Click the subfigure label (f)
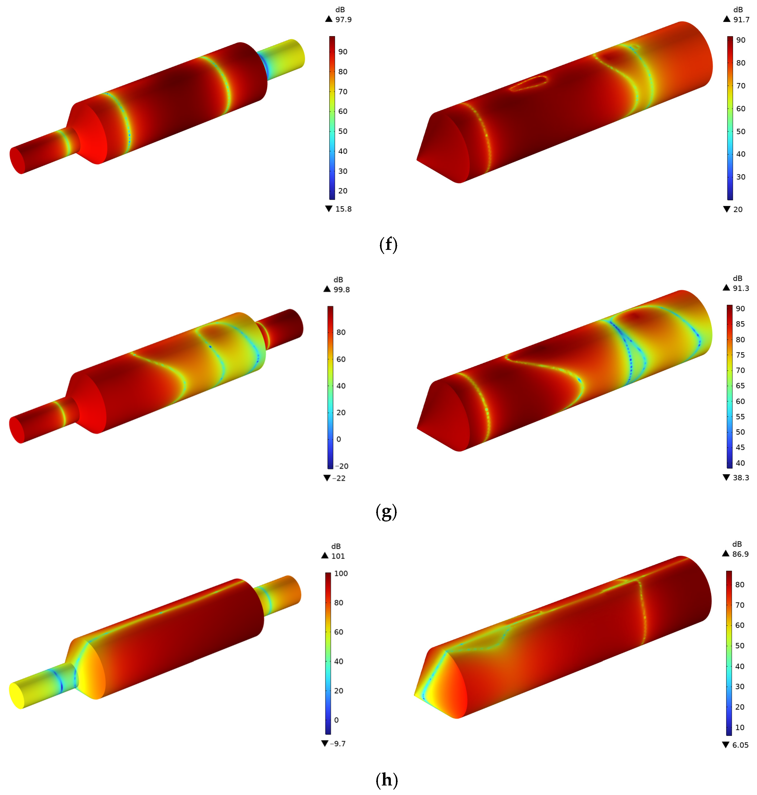tap(388, 244)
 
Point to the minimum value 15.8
tap(343, 209)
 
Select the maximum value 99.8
tap(341, 290)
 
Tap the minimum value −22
tap(339, 478)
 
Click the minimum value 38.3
tap(741, 478)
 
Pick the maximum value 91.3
tap(741, 288)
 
